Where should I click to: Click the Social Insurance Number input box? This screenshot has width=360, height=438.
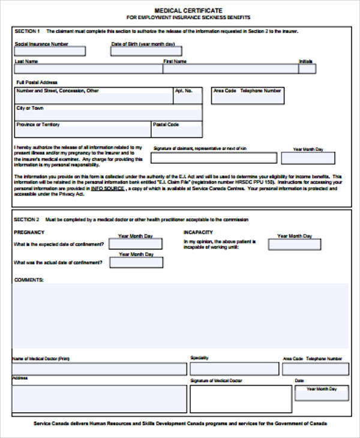point(50,52)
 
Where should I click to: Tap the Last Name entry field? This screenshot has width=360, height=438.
point(88,69)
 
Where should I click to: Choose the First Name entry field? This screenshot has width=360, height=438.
point(230,69)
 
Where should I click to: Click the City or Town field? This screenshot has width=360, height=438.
point(108,113)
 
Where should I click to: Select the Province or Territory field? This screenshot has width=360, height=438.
point(82,130)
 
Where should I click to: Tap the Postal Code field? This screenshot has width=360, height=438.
point(176,130)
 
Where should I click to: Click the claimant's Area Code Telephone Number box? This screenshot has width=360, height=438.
point(248,96)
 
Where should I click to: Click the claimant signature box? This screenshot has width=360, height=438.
point(214,158)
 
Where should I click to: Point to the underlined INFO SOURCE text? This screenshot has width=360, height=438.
point(107,188)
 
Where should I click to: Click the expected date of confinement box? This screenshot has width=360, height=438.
point(135,244)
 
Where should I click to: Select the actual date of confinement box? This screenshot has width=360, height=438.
point(135,262)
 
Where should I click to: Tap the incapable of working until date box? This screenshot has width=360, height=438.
point(294,244)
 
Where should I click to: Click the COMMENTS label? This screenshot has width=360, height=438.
point(29,280)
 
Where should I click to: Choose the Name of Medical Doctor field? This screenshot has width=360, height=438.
point(100,369)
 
